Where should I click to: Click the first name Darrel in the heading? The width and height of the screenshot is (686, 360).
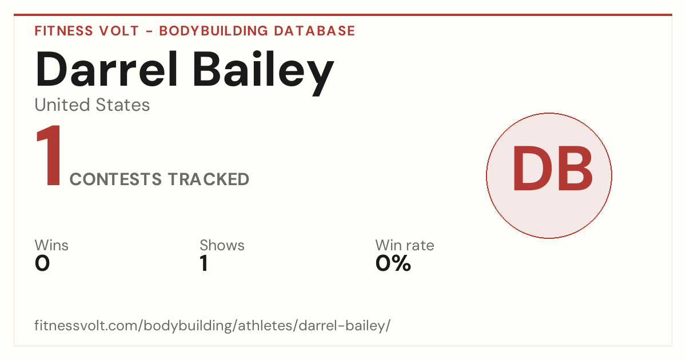pyautogui.click(x=106, y=70)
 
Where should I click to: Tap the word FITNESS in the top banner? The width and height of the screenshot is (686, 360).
pyautogui.click(x=63, y=31)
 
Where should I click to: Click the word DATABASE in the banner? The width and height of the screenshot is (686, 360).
pyautogui.click(x=314, y=31)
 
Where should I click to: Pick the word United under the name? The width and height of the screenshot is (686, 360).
pyautogui.click(x=62, y=105)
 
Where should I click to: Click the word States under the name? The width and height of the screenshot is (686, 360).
pyautogui.click(x=122, y=105)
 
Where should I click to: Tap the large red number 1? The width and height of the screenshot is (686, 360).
pyautogui.click(x=49, y=155)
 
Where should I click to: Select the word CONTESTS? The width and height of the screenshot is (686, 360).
pyautogui.click(x=115, y=179)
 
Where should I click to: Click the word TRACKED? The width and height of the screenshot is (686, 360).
pyautogui.click(x=209, y=179)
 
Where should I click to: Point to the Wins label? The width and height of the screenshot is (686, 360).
pyautogui.click(x=51, y=245)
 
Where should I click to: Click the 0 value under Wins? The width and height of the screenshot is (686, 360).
pyautogui.click(x=42, y=263)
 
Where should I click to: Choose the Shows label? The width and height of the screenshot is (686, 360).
pyautogui.click(x=222, y=245)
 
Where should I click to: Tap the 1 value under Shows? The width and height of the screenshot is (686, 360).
pyautogui.click(x=204, y=263)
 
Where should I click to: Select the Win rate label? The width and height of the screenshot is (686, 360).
pyautogui.click(x=405, y=245)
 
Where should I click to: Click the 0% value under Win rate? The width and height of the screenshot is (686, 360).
pyautogui.click(x=393, y=263)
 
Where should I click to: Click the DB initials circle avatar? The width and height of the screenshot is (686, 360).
pyautogui.click(x=549, y=175)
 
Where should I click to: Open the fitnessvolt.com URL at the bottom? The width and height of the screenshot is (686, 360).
pyautogui.click(x=213, y=325)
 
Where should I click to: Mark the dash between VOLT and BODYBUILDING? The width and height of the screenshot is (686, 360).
pyautogui.click(x=149, y=31)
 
